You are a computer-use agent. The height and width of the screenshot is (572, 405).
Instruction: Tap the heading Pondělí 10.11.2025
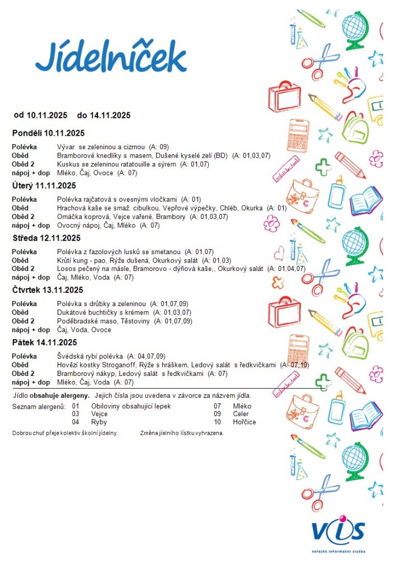[48, 133]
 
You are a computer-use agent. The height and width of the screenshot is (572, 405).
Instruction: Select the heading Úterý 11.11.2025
[44, 185]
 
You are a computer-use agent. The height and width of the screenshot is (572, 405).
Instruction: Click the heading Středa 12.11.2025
[47, 238]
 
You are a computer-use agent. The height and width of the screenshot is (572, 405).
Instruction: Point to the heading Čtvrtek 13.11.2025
[48, 290]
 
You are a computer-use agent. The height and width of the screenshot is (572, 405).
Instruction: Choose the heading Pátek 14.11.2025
[45, 342]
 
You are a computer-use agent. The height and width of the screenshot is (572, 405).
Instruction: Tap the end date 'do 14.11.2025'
[104, 116]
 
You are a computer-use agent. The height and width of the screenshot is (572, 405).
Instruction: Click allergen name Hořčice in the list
[244, 422]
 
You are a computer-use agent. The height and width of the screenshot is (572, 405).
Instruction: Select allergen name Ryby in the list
[98, 422]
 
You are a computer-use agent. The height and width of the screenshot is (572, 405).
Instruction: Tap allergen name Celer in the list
[242, 414]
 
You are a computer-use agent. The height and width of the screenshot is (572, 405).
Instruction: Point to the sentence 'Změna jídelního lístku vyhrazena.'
[182, 433]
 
